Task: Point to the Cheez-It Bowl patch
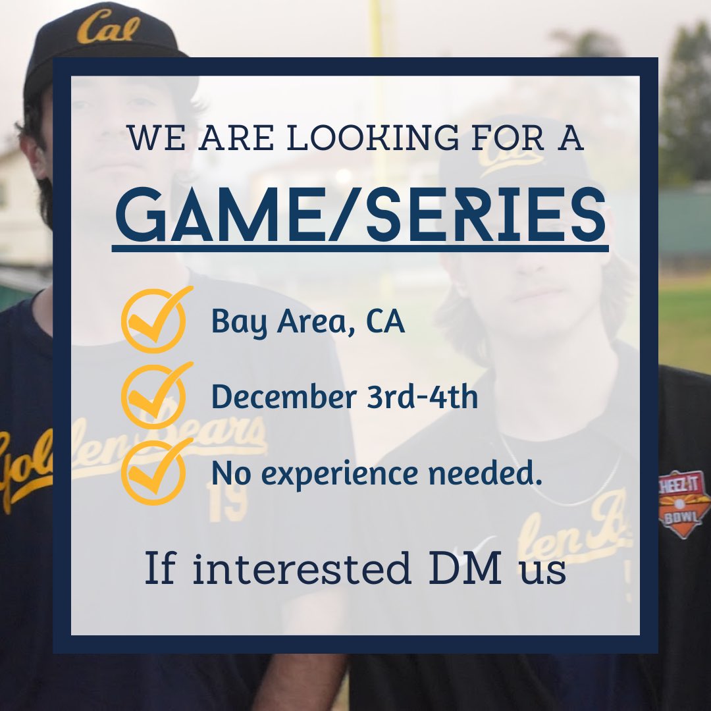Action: (685, 504)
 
